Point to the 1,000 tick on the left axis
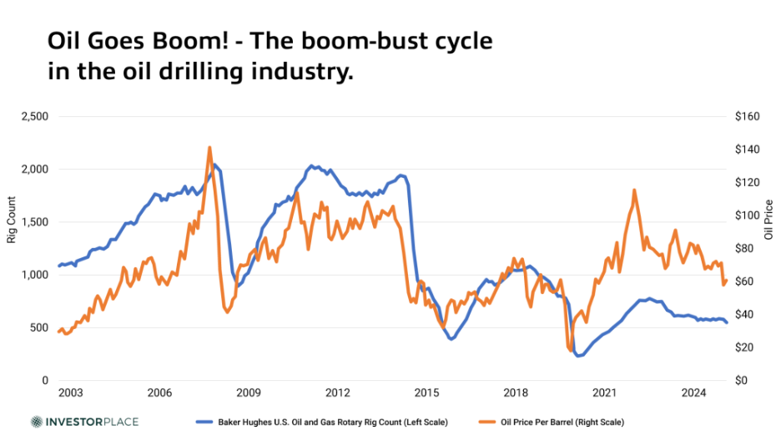click(34, 275)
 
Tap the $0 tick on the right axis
click(742, 380)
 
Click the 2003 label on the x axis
click(70, 393)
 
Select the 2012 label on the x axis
click(337, 393)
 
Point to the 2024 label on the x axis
click(693, 393)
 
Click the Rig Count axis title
click(12, 220)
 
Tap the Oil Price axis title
click(768, 220)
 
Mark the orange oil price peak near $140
click(209, 148)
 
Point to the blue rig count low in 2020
click(578, 355)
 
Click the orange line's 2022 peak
click(634, 190)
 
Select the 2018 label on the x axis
click(516, 393)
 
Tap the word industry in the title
click(296, 73)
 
